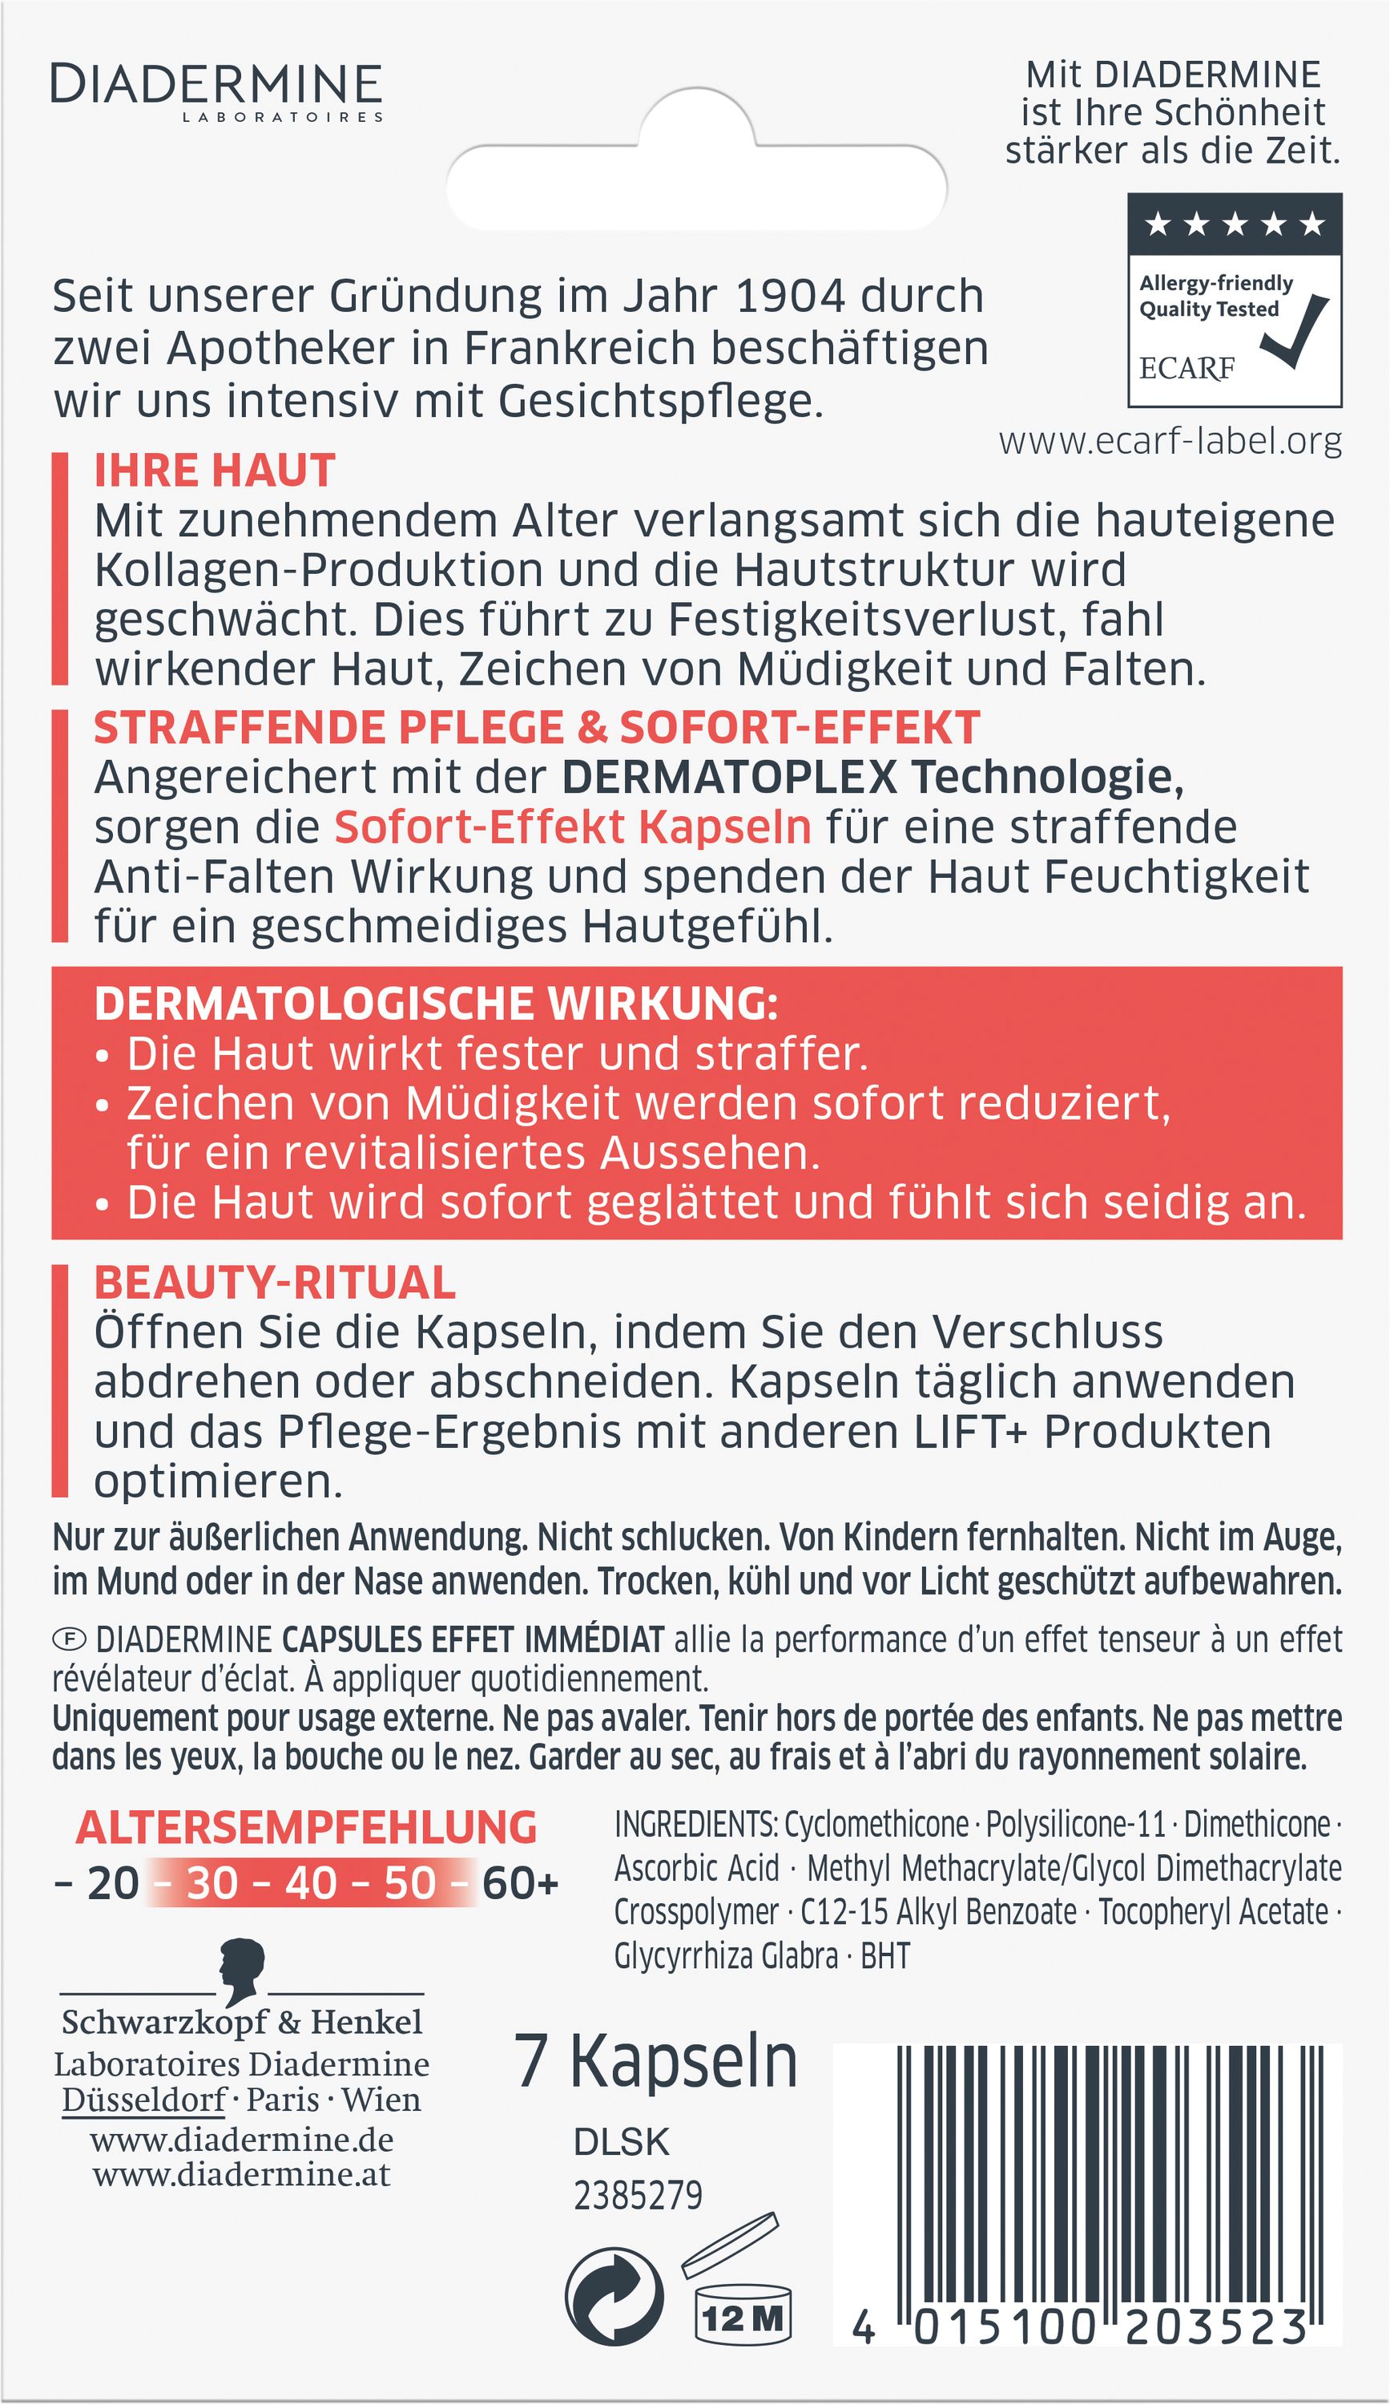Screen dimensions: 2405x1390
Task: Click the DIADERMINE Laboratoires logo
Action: click(216, 91)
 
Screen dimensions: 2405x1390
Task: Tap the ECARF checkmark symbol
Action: click(1295, 332)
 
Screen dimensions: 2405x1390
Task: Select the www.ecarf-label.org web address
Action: click(1170, 441)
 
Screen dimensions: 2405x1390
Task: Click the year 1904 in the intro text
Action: click(790, 296)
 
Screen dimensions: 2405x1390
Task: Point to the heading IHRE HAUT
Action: click(215, 471)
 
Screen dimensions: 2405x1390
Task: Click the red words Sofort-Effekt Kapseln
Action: click(572, 827)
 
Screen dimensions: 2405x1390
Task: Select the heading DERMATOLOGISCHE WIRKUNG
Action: click(436, 1004)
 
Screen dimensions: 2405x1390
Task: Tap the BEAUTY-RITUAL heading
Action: click(275, 1283)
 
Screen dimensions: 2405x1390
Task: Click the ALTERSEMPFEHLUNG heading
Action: click(306, 1828)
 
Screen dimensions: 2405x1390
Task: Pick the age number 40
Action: click(311, 1883)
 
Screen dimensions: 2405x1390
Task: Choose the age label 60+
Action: click(520, 1883)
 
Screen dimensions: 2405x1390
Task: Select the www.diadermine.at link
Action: click(241, 2174)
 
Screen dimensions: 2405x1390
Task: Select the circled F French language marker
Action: click(69, 1639)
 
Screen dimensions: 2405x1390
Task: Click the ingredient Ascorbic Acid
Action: click(696, 1869)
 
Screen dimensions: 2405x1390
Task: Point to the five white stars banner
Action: click(1235, 224)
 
